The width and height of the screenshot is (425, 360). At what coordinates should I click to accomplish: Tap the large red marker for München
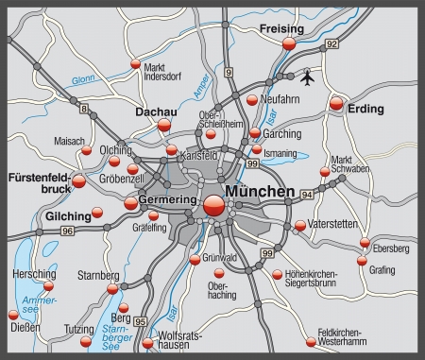click(214, 206)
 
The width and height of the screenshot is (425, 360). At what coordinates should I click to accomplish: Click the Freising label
click(281, 29)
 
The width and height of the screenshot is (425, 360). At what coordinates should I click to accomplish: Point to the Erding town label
click(365, 110)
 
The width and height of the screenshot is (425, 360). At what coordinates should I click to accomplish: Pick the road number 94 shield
click(307, 194)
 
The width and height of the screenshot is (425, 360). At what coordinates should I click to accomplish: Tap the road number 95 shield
click(141, 322)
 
